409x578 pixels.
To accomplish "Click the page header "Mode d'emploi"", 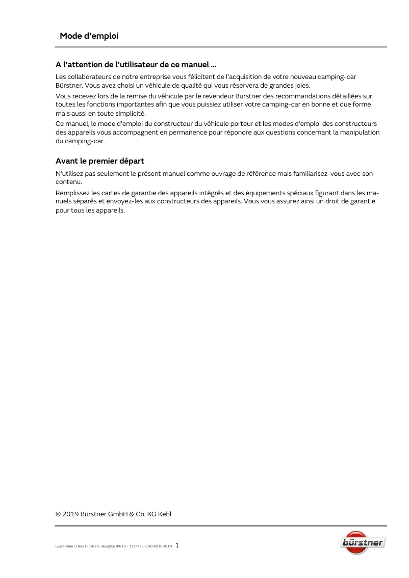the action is (89, 36).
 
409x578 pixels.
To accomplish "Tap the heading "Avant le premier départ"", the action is (100, 161).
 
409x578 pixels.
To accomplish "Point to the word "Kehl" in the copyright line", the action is (165, 514).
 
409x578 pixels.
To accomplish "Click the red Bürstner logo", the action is (363, 542).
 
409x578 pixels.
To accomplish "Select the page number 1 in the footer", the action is (177, 545).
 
